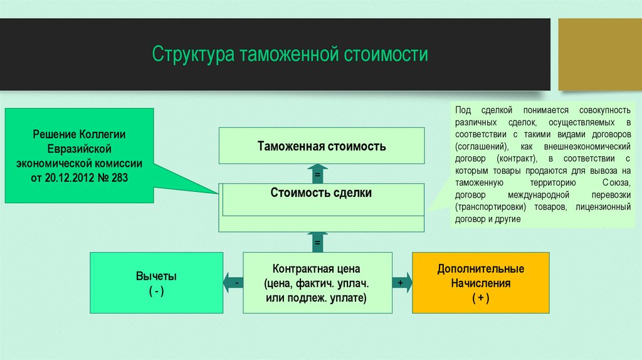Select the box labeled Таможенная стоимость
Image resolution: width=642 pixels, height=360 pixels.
pos(321,147)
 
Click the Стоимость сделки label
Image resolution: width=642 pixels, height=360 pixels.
pos(321,193)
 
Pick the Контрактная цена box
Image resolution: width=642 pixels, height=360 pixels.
pos(317,283)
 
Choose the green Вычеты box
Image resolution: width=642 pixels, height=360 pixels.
pos(156,283)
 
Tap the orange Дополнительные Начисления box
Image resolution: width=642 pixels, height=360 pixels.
pos(480,283)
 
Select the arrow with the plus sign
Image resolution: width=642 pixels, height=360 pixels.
pos(402,283)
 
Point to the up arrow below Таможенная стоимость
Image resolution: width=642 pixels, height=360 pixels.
pos(318,173)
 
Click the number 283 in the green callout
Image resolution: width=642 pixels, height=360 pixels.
pos(119,177)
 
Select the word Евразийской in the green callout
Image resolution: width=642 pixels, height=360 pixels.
pos(80,149)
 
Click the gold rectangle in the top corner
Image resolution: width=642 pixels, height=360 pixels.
pos(600,54)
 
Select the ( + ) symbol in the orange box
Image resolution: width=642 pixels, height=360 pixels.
pos(480,298)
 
